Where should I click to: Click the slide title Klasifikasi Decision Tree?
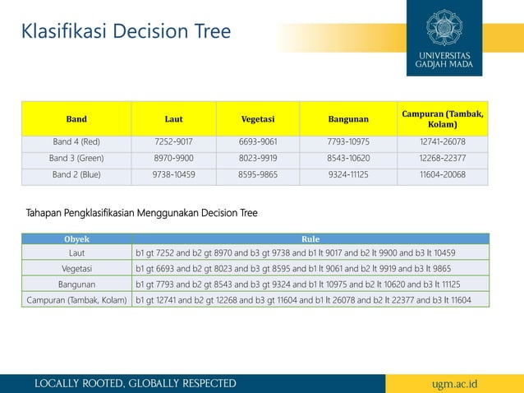126,32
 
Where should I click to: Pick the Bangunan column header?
348,119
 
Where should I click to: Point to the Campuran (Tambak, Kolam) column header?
443,118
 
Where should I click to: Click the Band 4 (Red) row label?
76,141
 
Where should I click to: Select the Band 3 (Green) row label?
76,158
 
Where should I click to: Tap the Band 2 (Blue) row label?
76,174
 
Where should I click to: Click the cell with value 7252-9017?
173,141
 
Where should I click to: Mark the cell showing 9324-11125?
348,174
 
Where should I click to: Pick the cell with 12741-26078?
443,141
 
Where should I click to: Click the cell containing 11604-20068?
443,174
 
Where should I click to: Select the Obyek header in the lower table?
77,239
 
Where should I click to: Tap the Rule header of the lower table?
310,239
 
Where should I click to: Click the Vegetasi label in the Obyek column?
77,269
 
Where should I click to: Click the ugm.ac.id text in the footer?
454,384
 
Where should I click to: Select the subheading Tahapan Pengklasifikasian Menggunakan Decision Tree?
142,214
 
